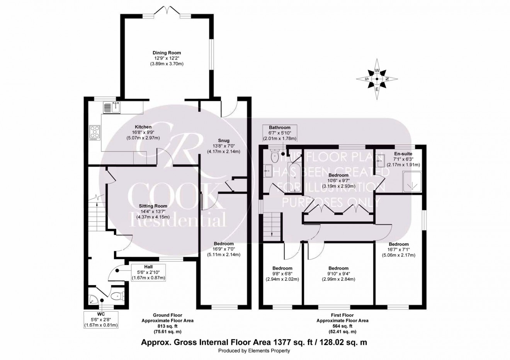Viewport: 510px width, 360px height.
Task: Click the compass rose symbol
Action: click(377, 79)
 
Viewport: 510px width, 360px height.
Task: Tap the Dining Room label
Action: click(167, 53)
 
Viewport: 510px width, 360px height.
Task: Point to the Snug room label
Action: click(223, 141)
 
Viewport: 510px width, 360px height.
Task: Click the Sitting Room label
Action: click(153, 206)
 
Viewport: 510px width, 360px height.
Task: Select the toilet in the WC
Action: click(117, 296)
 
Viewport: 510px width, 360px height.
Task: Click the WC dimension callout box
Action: click(101, 319)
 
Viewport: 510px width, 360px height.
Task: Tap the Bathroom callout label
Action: click(279, 133)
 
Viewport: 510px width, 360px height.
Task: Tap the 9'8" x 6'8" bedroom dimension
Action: click(282, 274)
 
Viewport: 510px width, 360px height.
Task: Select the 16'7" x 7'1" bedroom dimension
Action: click(398, 250)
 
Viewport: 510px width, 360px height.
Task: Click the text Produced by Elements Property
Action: click(254, 351)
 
